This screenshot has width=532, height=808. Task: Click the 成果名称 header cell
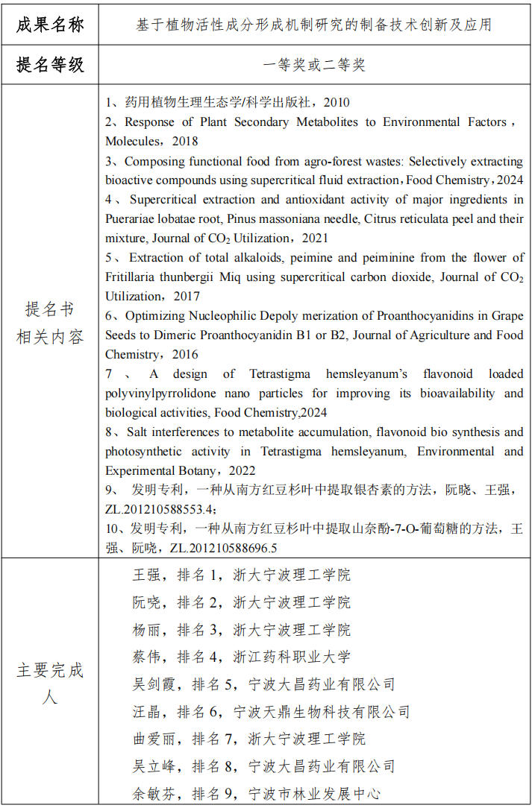(50, 24)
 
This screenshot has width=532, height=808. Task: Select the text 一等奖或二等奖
(313, 65)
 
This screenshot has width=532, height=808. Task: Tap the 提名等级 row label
(50, 65)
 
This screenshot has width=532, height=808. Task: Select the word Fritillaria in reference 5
(132, 277)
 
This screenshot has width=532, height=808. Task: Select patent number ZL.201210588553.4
(160, 510)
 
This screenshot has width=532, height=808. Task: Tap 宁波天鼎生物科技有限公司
(322, 712)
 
